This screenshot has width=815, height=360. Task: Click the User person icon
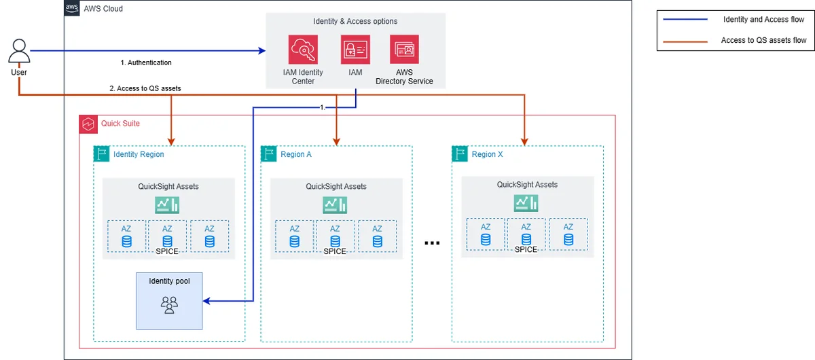click(x=19, y=51)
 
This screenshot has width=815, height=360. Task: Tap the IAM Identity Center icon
click(x=303, y=50)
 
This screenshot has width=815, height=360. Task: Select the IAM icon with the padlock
click(x=355, y=50)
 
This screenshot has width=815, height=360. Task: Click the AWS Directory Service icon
click(x=404, y=50)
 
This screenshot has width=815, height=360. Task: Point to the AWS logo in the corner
click(x=72, y=8)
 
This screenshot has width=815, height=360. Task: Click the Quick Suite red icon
click(x=88, y=124)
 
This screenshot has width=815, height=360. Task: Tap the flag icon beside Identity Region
click(x=101, y=154)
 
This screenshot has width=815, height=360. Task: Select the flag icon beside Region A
click(x=269, y=154)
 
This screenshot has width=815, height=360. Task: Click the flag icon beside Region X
click(x=460, y=154)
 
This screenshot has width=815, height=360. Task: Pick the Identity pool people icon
click(x=169, y=305)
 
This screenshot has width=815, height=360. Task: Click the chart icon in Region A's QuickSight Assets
click(x=335, y=205)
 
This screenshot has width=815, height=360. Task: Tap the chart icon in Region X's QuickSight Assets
click(x=526, y=203)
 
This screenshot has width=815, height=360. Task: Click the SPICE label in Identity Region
click(x=167, y=251)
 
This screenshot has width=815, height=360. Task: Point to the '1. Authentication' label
click(x=146, y=62)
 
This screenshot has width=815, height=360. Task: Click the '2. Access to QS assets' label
click(x=145, y=88)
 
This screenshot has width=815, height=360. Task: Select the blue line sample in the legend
click(x=685, y=19)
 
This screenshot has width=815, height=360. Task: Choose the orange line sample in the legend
click(x=685, y=42)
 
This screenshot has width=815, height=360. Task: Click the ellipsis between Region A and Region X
click(x=432, y=242)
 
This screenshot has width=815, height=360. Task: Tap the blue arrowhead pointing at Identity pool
click(x=206, y=301)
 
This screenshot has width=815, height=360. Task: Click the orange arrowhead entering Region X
click(x=524, y=141)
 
